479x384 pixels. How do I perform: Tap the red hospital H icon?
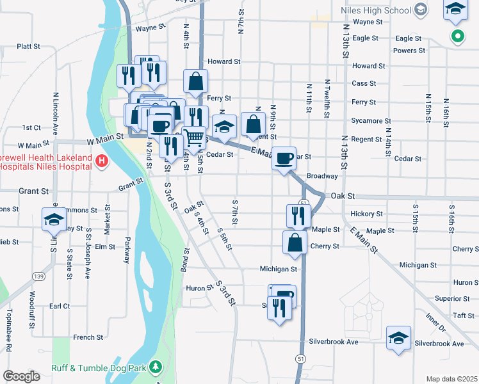pos(101,161)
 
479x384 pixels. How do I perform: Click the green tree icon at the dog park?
pos(155,367)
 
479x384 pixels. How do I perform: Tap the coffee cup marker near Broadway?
pos(284,157)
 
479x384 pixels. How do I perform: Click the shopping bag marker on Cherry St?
pos(295,243)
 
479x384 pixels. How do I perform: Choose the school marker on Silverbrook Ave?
pos(398,337)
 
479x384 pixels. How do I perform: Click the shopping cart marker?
pos(193,137)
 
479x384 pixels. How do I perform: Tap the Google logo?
pos(21,376)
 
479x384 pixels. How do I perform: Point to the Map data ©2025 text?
pos(451,379)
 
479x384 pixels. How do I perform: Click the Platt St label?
pos(29,47)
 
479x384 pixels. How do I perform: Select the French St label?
pos(88,337)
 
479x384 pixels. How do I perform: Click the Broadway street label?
pos(321,176)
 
